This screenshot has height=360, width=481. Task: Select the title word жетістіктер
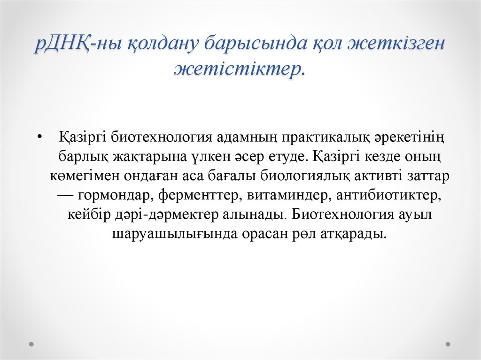(x=240, y=69)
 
